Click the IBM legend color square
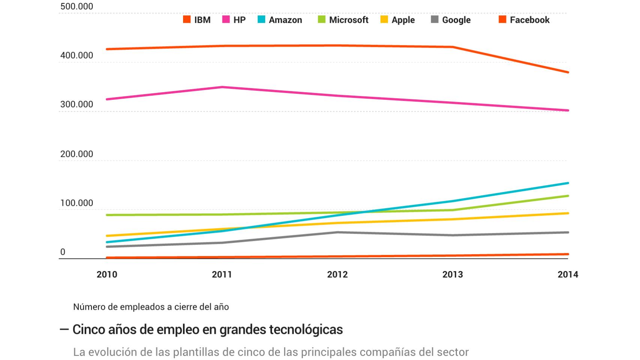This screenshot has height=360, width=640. pos(186,19)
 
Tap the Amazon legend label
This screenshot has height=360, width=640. pos(285,20)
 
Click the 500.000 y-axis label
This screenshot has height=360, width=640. pos(77,6)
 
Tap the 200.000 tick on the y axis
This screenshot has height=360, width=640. pos(77,154)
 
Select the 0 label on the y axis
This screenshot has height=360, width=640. pos(63,252)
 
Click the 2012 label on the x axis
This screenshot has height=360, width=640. pos(337,274)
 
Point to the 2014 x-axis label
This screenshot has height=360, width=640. pos(568,274)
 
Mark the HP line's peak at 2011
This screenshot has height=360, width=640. pos(222,87)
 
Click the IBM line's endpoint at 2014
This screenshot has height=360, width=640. pos(568,72)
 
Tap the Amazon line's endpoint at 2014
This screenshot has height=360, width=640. pos(568,183)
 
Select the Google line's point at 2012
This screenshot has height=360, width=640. pos(337,232)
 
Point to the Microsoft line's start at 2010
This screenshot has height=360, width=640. pos(107,215)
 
